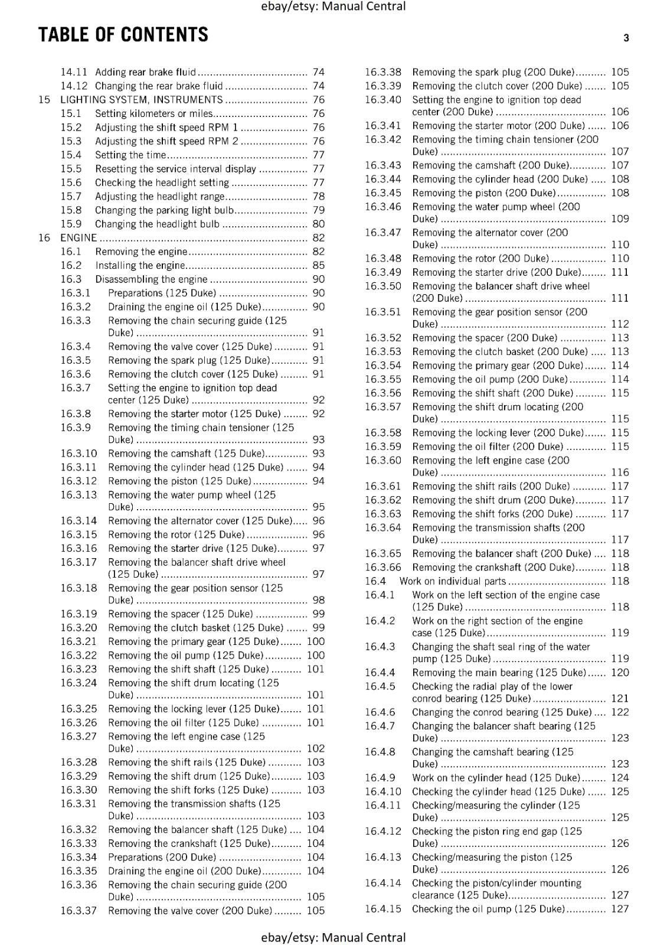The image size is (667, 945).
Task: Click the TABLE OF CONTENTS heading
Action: coord(123,35)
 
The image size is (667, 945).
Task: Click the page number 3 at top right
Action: coord(626,38)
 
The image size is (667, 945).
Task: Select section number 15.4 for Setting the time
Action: coord(71,155)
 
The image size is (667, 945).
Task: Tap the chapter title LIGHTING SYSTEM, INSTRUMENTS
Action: coord(142,100)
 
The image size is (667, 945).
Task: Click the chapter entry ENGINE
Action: coord(79,238)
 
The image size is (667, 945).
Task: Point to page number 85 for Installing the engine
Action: coord(318,265)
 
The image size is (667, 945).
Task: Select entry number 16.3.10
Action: coord(79,454)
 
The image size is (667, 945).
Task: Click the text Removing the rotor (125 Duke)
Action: coord(176,535)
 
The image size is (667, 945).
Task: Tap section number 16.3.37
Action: coord(79,911)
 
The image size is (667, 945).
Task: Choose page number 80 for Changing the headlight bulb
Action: coord(318,224)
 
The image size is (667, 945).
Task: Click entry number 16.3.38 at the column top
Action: coord(382,72)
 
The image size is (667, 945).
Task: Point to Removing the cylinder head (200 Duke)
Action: coord(500,179)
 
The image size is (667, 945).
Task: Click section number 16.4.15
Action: coord(382,909)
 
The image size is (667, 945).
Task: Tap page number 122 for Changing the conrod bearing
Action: coord(620,712)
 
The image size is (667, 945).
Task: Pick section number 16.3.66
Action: coord(382,568)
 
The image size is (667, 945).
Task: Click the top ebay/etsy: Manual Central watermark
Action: coord(333,6)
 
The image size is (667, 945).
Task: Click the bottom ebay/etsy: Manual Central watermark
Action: coord(333,937)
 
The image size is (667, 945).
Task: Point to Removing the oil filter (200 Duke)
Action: coord(488,447)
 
